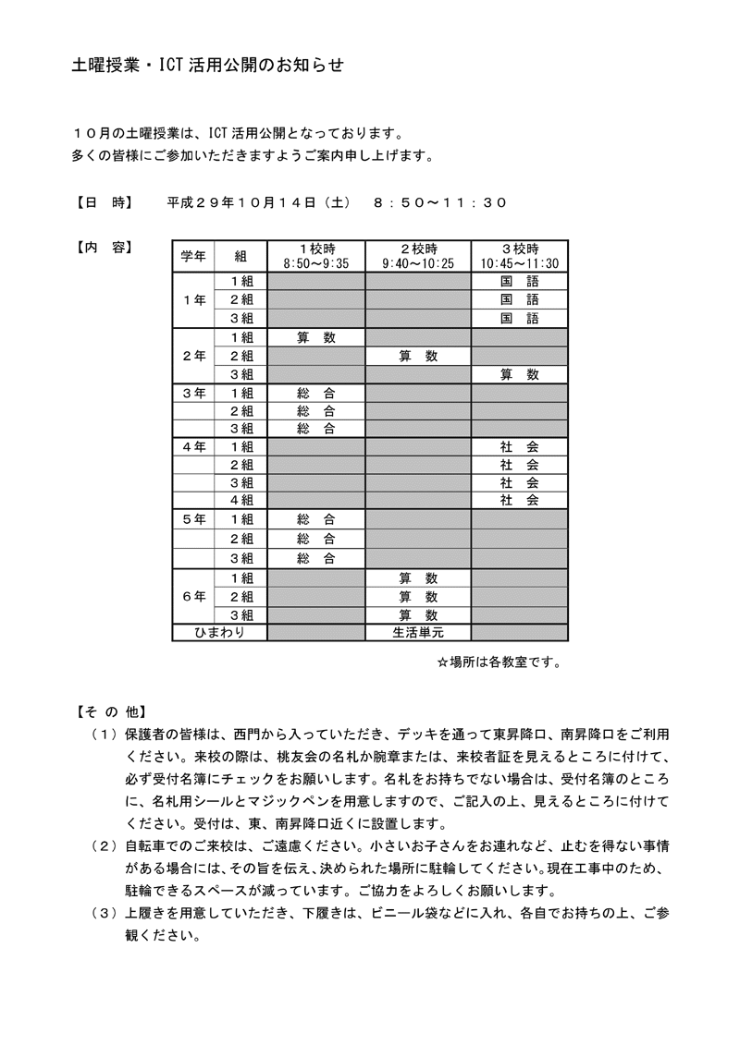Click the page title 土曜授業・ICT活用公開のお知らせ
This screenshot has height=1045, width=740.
(x=207, y=66)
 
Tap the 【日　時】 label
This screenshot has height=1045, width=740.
(x=102, y=201)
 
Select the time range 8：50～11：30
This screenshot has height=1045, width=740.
(x=440, y=201)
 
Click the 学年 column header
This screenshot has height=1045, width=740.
(x=193, y=255)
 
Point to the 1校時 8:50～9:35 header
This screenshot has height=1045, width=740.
(x=316, y=255)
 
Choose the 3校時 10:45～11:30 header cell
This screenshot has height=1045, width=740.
(x=519, y=255)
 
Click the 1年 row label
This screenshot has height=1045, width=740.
(x=193, y=299)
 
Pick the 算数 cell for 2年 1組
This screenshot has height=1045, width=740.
(x=316, y=337)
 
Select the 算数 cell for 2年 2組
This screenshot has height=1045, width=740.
(x=418, y=356)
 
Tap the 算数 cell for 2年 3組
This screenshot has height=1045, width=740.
(x=519, y=374)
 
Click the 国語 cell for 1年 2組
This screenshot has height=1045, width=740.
(x=519, y=299)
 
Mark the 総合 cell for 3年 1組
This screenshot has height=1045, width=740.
(x=316, y=393)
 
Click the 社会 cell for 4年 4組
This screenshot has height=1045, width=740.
(x=519, y=500)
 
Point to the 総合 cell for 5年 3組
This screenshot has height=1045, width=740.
(x=316, y=557)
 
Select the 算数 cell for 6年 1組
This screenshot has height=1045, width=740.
(x=418, y=577)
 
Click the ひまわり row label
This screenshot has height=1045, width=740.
(x=219, y=632)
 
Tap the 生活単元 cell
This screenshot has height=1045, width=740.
(x=418, y=632)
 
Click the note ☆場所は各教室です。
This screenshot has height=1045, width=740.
(x=499, y=662)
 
